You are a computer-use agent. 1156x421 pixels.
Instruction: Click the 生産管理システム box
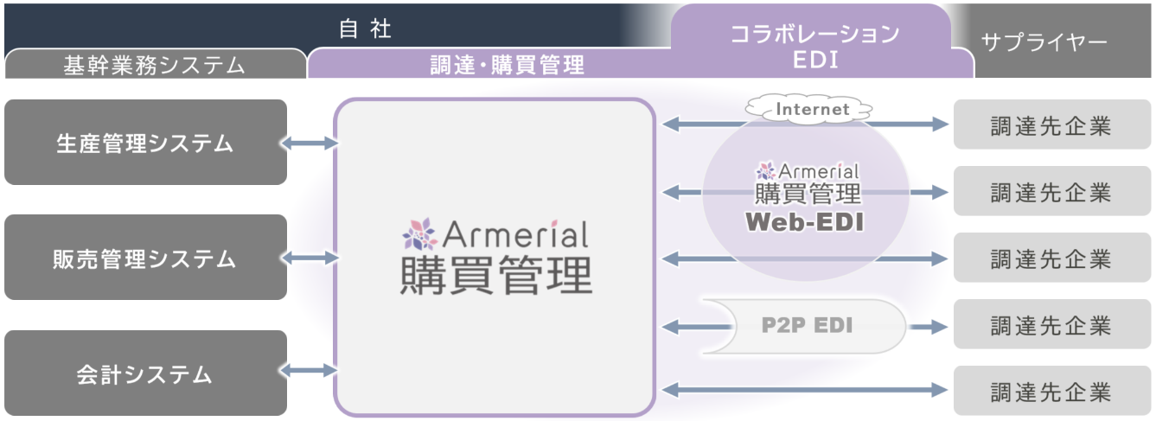[x=145, y=143]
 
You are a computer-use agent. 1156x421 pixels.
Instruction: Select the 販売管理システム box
[x=145, y=258]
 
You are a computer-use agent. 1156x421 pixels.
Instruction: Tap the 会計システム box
[x=145, y=373]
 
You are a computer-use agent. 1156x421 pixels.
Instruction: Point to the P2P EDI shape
[x=804, y=326]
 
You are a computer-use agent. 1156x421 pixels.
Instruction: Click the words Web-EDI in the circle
[x=805, y=221]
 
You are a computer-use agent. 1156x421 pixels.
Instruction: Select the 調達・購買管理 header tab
[x=508, y=64]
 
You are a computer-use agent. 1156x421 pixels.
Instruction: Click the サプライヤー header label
[x=1044, y=42]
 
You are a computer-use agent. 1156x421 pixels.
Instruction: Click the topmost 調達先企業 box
[x=1051, y=125]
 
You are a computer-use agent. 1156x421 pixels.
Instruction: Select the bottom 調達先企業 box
[x=1051, y=391]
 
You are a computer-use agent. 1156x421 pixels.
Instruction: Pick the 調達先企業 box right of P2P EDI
[x=1051, y=325]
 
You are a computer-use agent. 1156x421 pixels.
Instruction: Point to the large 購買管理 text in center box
[x=495, y=277]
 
